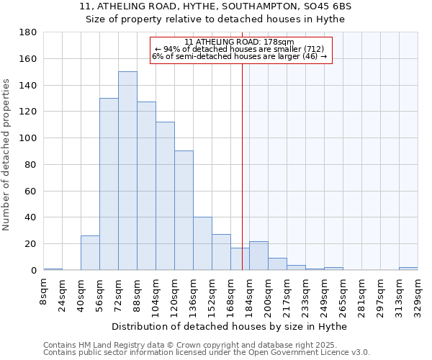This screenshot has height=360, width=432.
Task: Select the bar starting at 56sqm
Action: (109, 184)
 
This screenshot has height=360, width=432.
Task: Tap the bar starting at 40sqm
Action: (90, 253)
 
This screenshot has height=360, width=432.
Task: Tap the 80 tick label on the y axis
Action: (31, 165)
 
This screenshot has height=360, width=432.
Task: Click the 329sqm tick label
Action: (418, 295)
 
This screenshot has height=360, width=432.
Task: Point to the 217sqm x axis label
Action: (292, 295)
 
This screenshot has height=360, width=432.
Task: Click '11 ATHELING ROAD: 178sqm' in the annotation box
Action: (239, 42)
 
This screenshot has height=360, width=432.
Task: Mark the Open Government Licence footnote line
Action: (207, 352)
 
